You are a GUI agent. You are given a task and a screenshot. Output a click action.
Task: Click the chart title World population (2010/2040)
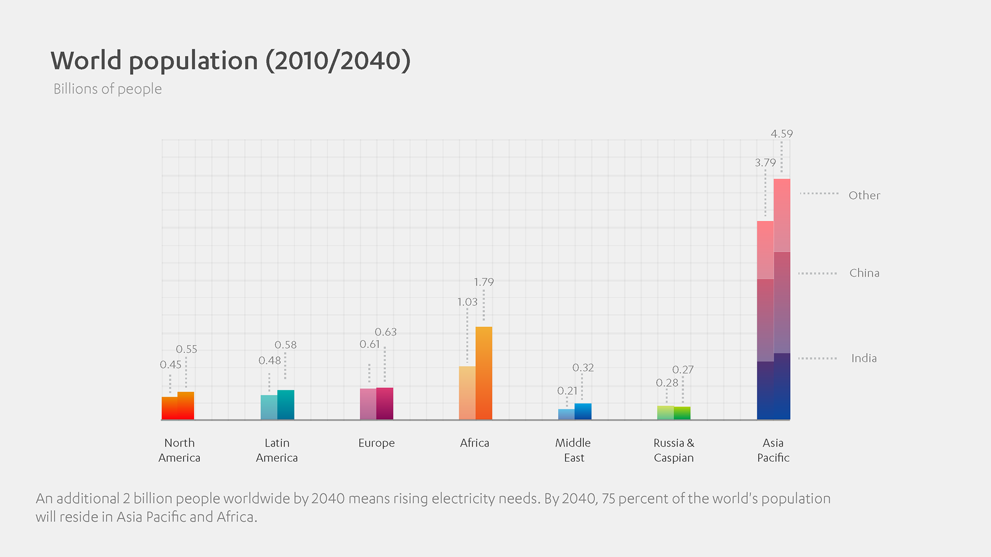[230, 61]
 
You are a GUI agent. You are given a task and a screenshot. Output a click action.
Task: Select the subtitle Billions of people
[107, 89]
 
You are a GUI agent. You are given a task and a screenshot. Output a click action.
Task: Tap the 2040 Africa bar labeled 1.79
[484, 373]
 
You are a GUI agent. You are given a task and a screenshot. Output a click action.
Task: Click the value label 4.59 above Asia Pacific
[781, 134]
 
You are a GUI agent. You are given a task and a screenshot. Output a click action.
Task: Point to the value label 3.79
[765, 163]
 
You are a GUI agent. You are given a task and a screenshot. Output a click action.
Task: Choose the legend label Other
[864, 195]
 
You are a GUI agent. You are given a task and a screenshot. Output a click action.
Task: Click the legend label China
[864, 273]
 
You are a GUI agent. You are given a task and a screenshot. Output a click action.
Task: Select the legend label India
[864, 358]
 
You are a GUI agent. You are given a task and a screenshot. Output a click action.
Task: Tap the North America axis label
[179, 450]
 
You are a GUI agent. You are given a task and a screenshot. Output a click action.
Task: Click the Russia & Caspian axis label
[674, 450]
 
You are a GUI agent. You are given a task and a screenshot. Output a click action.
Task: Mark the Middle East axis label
[573, 450]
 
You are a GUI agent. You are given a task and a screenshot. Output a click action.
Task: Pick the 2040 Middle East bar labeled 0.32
[583, 412]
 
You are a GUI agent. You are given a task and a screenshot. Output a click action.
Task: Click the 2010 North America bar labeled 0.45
[170, 408]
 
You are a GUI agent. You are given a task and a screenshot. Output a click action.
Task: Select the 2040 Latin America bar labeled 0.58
[285, 405]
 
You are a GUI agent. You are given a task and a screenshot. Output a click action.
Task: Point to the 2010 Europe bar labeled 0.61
[368, 404]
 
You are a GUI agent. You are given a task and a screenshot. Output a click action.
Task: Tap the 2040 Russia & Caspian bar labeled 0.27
[682, 413]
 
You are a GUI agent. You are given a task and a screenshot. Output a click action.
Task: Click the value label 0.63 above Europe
[386, 332]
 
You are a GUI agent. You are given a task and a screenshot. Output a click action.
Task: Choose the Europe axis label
[376, 443]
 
